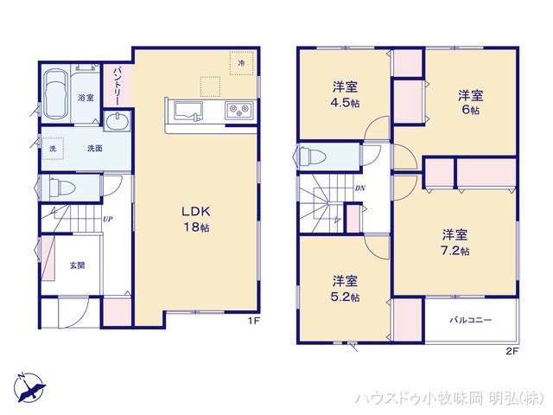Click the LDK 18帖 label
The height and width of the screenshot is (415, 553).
pyautogui.click(x=196, y=220)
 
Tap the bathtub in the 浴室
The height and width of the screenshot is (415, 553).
pyautogui.click(x=58, y=92)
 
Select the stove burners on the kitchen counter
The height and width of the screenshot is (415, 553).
pyautogui.click(x=238, y=110)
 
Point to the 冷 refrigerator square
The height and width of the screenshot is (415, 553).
pyautogui.click(x=243, y=63)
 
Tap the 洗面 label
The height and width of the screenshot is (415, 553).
pyautogui.click(x=94, y=149)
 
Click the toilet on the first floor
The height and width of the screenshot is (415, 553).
pyautogui.click(x=60, y=186)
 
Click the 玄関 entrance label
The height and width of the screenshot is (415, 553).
pyautogui.click(x=77, y=265)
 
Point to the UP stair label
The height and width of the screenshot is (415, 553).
pyautogui.click(x=107, y=219)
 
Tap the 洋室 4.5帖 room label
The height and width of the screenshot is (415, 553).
pyautogui.click(x=346, y=94)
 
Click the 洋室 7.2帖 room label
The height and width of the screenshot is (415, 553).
pyautogui.click(x=455, y=242)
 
